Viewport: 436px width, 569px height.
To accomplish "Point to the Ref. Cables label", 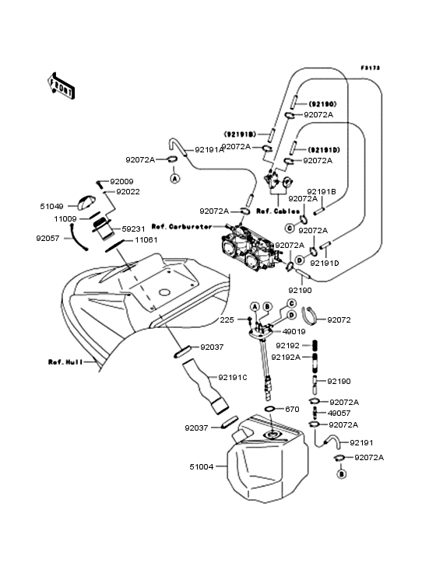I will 274,210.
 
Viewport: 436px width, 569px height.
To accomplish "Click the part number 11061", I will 146,241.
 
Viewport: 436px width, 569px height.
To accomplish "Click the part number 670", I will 292,409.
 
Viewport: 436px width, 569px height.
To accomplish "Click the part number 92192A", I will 285,358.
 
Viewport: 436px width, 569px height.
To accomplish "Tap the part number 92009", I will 122,182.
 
